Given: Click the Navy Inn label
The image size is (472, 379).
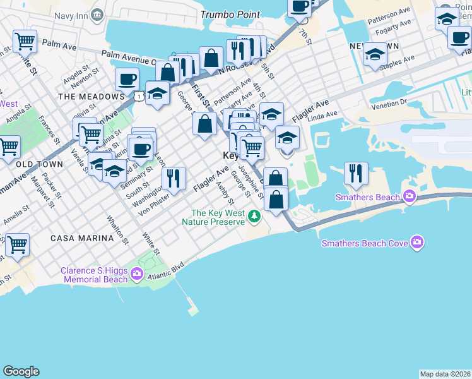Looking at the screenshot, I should pos(71,15).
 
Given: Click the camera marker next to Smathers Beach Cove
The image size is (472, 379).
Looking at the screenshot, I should pos(416,243).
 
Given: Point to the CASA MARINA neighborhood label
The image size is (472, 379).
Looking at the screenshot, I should pos(84,238).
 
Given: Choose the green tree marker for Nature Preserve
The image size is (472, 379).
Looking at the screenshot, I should pos(254,217).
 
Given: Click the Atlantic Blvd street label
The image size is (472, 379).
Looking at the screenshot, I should pos(165,272).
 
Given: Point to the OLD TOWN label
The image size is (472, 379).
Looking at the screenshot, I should pos(40,164).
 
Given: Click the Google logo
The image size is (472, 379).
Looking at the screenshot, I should pos(21,371).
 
